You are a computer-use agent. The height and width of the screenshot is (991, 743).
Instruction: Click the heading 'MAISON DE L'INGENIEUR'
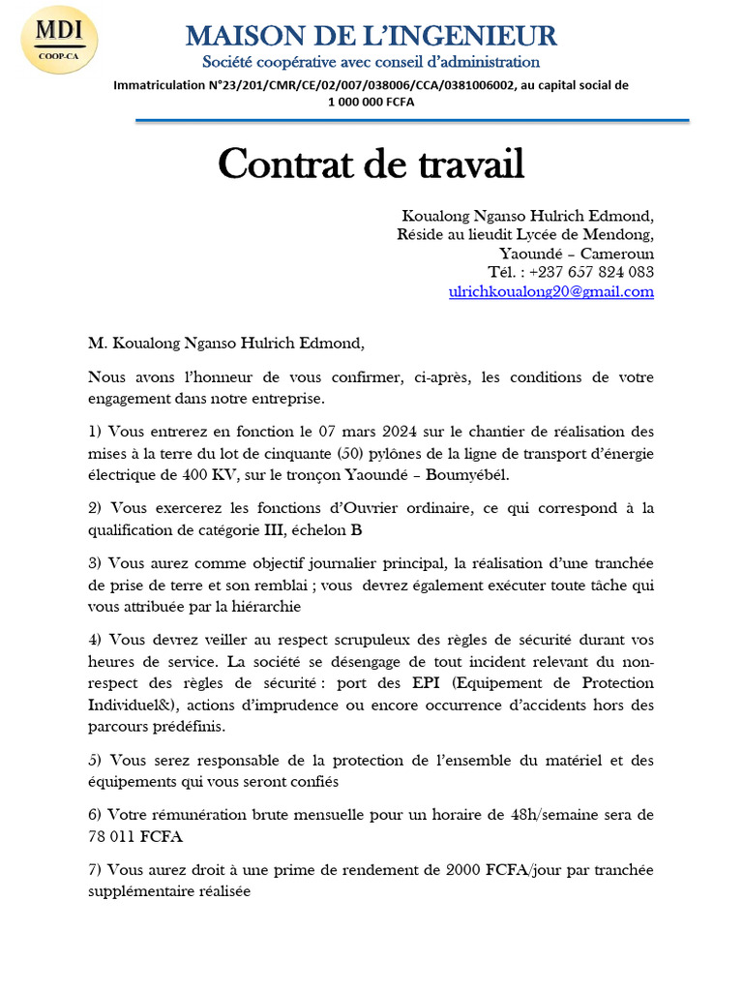click(371, 37)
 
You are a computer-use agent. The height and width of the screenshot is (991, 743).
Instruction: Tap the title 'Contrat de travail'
click(371, 164)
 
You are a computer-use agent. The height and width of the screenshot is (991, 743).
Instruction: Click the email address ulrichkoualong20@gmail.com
click(551, 291)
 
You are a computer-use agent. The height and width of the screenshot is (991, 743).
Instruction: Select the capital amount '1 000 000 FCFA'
click(371, 102)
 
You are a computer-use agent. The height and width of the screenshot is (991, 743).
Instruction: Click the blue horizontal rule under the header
click(412, 121)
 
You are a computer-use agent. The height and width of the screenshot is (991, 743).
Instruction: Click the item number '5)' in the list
click(95, 760)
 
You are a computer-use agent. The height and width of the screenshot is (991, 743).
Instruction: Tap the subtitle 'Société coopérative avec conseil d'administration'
click(371, 62)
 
